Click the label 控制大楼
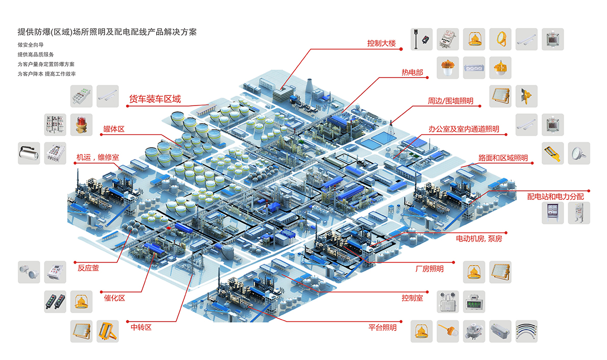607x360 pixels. coord(382,43)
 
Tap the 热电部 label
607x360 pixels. coord(412,72)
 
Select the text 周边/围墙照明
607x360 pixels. coord(450,101)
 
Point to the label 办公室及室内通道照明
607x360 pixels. coord(463,130)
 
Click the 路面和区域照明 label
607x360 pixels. coord(503,158)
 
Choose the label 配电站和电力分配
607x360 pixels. coord(555,197)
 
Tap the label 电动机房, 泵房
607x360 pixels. coord(479,239)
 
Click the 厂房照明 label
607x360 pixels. coord(429,269)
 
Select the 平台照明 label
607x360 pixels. coord(383,327)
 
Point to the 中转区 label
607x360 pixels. coord(141,327)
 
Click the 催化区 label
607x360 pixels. coord(114,298)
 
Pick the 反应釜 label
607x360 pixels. coord(88,268)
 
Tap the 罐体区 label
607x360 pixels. coord(114,129)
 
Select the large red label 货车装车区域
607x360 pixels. coord(155,99)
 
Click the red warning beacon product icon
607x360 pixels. coord(81,124)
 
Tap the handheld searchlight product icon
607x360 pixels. coord(29,153)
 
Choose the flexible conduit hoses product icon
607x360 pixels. coord(526,331)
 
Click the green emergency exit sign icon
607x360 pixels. coord(474,302)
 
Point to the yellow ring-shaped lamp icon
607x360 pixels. coord(500,39)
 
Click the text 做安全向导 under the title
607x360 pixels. coord(31,45)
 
